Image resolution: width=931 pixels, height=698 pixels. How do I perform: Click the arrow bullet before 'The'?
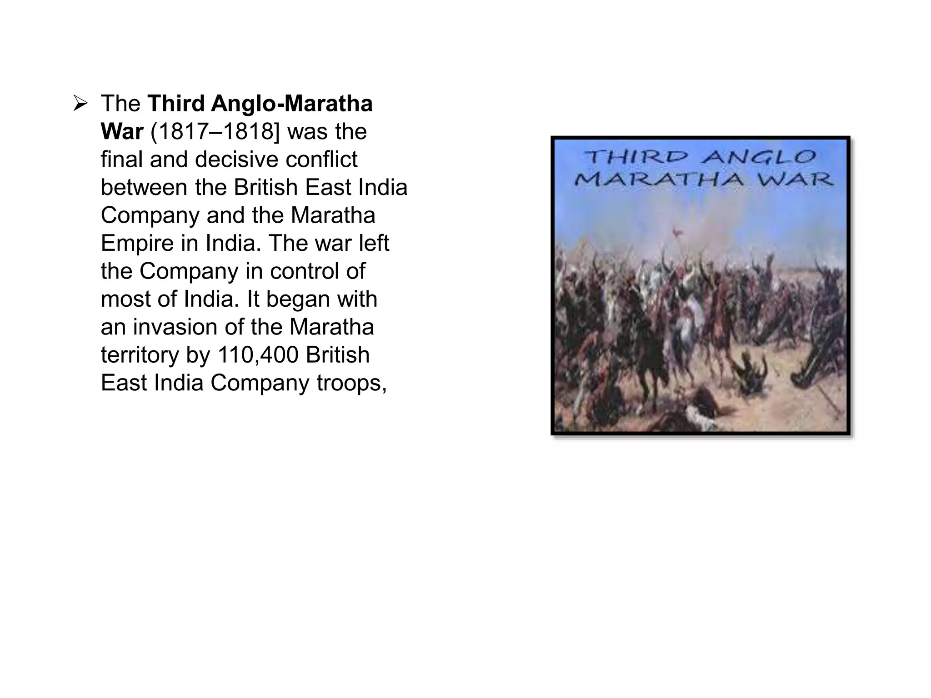(x=80, y=104)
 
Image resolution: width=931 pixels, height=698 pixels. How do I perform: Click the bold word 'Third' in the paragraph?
(x=176, y=104)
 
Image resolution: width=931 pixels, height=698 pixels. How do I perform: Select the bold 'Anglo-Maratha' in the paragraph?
(x=292, y=104)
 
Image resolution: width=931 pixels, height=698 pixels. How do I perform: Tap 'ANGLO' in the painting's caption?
(x=759, y=158)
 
